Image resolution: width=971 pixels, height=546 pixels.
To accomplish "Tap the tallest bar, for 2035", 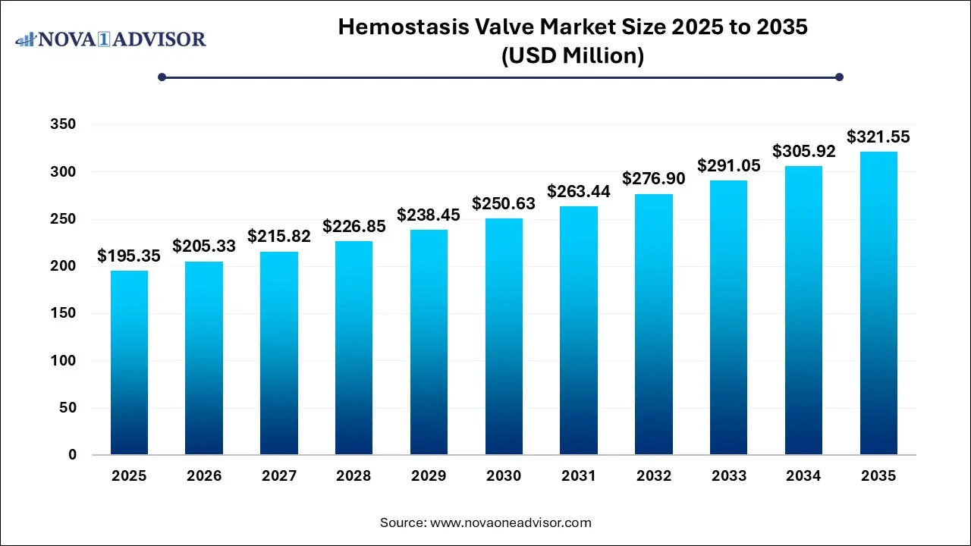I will tap(878, 303).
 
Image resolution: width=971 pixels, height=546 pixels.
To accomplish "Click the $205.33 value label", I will tap(204, 246).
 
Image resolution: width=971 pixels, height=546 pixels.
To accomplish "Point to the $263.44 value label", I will tap(579, 190).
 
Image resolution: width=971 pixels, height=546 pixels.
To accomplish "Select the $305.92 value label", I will tap(804, 151).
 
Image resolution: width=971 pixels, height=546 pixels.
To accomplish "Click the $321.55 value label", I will tap(878, 137).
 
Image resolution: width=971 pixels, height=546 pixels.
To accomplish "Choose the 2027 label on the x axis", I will tap(279, 476).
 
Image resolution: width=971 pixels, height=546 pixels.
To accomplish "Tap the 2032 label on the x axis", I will tap(654, 476).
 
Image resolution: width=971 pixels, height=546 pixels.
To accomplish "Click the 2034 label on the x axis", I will tap(804, 476).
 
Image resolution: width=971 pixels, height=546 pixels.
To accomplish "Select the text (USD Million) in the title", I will tap(573, 55).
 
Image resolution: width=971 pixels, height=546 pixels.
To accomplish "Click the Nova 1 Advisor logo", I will tap(111, 39).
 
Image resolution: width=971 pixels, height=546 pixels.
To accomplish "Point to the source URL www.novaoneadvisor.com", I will tap(511, 522).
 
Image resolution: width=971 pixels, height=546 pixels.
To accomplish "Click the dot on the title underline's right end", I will tap(839, 77).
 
